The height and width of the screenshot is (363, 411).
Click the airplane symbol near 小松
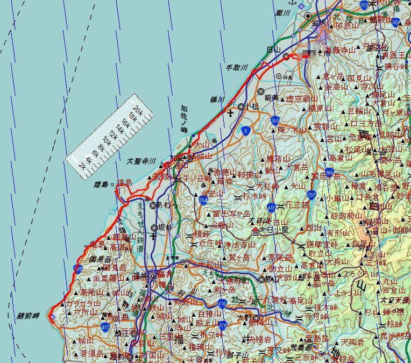(231, 113)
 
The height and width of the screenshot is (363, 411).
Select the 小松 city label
(251, 107)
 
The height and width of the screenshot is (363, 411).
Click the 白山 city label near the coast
(274, 49)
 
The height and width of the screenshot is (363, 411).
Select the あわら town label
(168, 205)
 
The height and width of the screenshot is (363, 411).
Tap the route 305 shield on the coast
(80, 268)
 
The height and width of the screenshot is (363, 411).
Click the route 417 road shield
(105, 326)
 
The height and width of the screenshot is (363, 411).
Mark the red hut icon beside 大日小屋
(255, 231)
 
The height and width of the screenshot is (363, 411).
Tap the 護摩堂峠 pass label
(321, 244)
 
